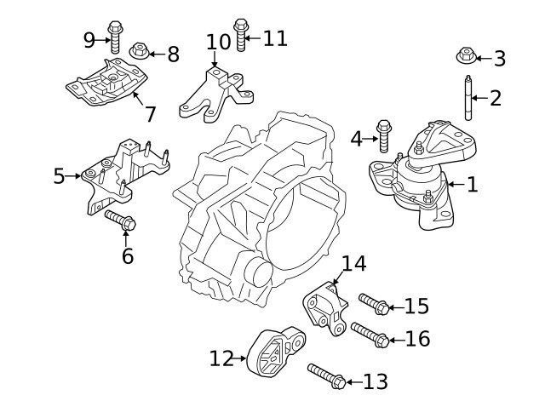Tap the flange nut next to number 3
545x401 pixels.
click(466, 57)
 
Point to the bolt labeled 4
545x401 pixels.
click(384, 136)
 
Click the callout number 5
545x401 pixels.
click(59, 176)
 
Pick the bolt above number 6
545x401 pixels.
click(121, 221)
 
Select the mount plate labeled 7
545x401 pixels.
click(108, 84)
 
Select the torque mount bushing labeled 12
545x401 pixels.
click(278, 351)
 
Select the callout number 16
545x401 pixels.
click(417, 339)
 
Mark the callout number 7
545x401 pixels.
click(150, 113)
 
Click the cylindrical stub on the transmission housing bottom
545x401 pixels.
click(256, 273)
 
